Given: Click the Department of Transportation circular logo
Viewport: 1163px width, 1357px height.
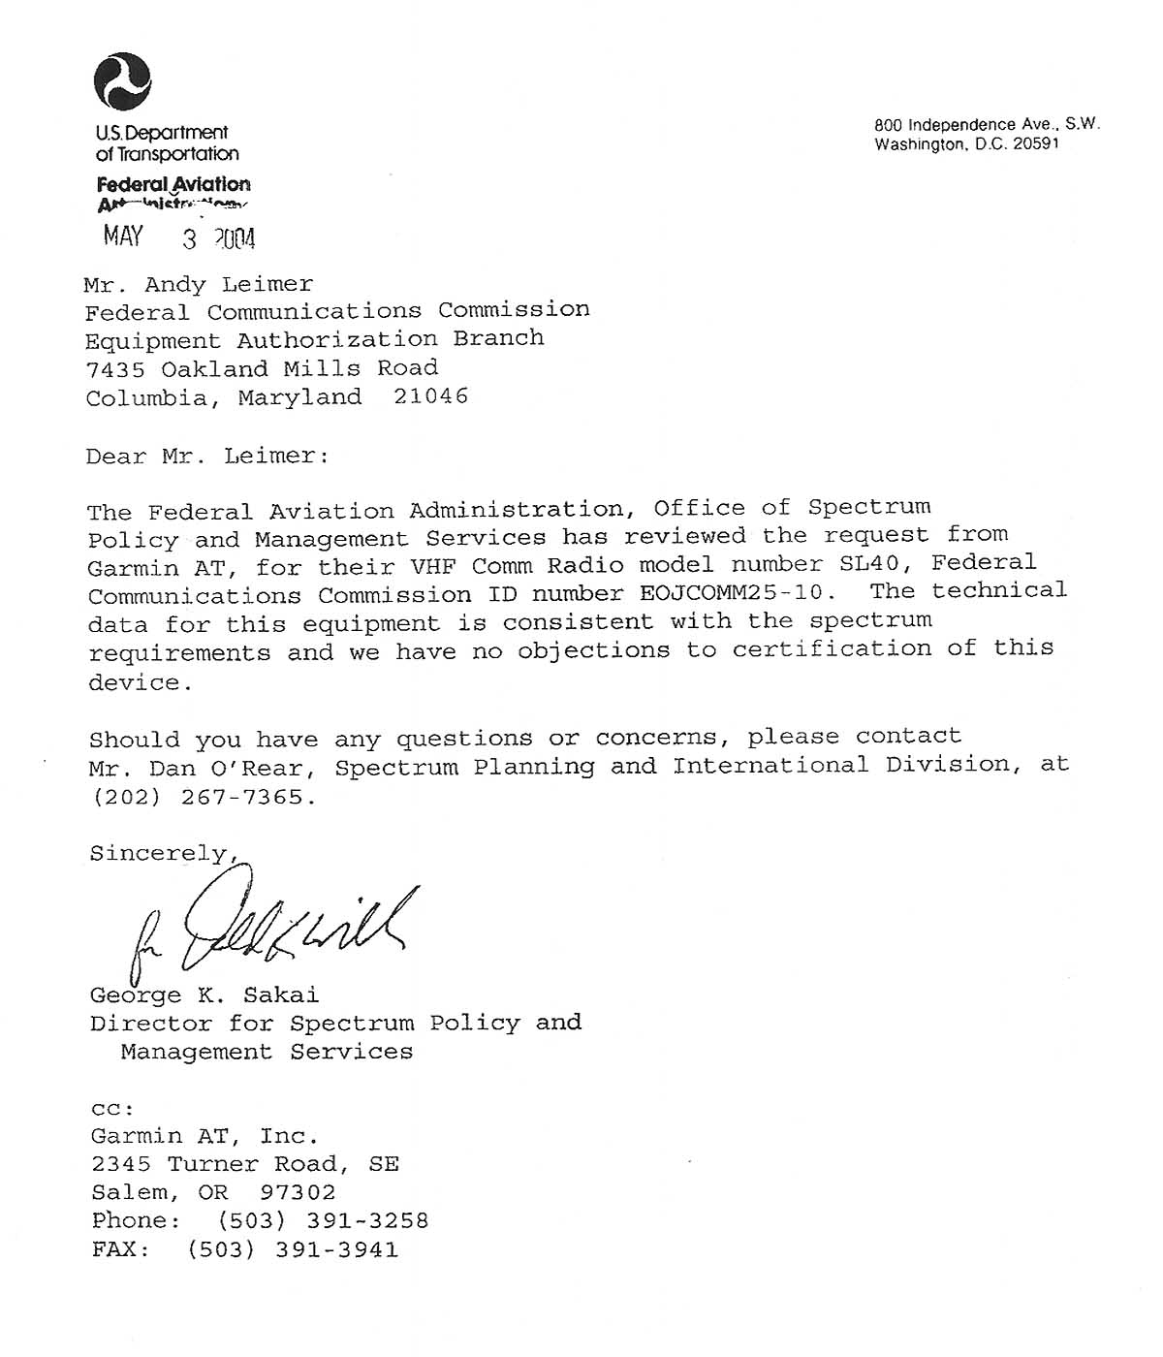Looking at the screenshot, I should coord(122,81).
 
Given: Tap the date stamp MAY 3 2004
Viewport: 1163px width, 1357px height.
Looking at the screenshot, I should coord(179,237).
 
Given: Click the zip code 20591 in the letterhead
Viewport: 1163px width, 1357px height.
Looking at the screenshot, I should coord(1036,144).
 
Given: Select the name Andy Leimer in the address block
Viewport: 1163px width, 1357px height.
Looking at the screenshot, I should coord(229,285).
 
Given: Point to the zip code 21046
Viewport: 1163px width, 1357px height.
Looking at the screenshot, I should coord(431,396).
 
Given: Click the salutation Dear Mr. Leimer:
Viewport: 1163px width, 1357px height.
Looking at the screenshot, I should coord(207,457).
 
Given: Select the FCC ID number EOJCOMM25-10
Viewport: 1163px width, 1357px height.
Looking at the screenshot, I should coord(737,592).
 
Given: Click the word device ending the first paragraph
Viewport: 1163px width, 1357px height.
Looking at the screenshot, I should coord(135,682).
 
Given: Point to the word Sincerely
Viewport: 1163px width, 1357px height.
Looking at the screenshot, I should coord(158,854).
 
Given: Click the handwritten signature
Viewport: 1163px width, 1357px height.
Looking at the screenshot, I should coord(281,926).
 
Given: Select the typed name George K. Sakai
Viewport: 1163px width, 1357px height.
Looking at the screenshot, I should coord(204,995).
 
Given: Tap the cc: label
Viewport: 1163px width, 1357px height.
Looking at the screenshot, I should coord(112,1109).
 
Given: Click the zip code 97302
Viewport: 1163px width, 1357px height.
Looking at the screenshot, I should coord(299,1193).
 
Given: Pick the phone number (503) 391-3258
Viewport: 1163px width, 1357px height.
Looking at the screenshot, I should coord(323,1221).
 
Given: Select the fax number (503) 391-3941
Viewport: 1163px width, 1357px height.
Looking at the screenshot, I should coord(293,1250).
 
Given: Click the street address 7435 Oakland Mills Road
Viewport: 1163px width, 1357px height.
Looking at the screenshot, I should coord(262,369).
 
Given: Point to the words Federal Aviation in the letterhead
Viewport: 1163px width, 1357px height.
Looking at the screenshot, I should coord(173,184).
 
